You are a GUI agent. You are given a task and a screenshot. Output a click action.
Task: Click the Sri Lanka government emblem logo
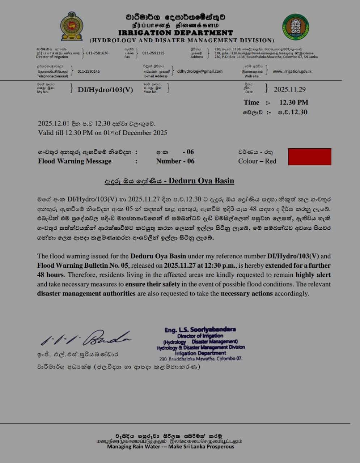click(x=72, y=26)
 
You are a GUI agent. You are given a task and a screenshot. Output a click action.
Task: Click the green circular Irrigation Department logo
click(x=295, y=27)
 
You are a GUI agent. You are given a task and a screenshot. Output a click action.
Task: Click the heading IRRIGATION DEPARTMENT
click(x=175, y=33)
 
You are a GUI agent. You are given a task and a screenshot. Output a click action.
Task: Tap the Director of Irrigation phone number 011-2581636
click(x=97, y=53)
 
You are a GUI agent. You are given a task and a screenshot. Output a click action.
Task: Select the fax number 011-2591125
click(x=153, y=53)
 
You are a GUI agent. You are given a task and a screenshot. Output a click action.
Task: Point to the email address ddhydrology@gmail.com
click(x=200, y=71)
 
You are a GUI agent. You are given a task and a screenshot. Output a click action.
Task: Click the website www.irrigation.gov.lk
click(x=292, y=71)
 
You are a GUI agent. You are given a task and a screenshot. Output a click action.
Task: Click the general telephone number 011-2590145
click(x=89, y=72)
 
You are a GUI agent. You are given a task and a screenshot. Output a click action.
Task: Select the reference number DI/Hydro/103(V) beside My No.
click(x=105, y=90)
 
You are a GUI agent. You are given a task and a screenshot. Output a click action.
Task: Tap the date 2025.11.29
click(x=290, y=89)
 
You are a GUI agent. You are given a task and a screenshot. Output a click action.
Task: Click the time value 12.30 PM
click(x=294, y=102)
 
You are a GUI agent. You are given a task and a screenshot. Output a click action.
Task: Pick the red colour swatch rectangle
click(x=309, y=157)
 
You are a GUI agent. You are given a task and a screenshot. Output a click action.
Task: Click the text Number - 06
click(x=175, y=161)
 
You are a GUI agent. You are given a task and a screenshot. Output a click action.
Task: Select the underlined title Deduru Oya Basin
click(x=201, y=181)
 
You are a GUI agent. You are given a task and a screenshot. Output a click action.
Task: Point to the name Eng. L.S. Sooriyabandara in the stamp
click(x=200, y=330)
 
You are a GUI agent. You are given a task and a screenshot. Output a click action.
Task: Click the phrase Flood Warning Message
click(x=75, y=161)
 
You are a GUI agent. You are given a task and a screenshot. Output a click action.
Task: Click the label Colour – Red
click(x=257, y=161)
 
